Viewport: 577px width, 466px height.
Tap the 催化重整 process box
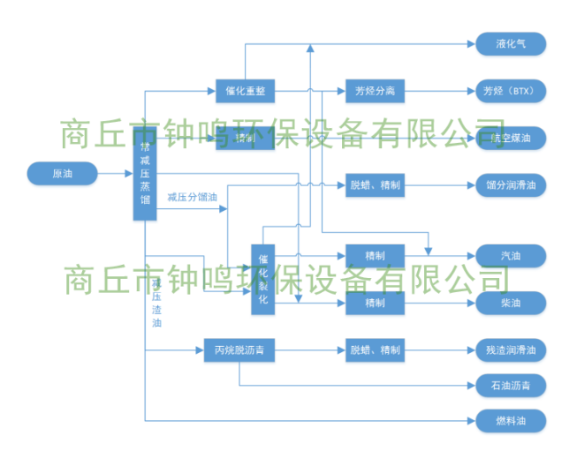point(245,91)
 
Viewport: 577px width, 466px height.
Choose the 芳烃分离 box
point(375,91)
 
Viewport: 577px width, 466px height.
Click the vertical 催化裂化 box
point(263,274)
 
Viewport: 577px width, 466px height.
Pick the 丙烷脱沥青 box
point(239,349)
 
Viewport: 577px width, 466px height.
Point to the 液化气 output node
point(511,43)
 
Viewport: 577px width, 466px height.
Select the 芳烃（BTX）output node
point(511,91)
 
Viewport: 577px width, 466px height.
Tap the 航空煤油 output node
point(511,138)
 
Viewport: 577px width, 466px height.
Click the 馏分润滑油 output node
point(511,185)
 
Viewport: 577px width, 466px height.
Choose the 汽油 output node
point(511,256)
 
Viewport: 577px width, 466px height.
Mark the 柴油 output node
point(511,303)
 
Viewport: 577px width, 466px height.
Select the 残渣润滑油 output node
point(511,349)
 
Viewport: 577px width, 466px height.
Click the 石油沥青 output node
point(511,385)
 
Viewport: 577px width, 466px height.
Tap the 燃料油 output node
point(511,420)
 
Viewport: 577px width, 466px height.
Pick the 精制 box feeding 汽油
point(375,256)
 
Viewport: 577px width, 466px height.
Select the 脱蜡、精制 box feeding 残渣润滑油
point(375,349)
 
